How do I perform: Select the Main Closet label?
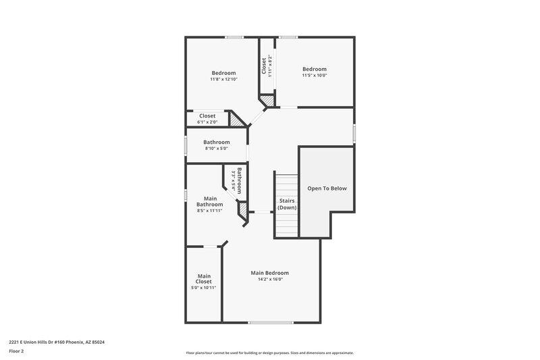coord(204,278)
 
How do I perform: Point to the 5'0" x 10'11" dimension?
coord(204,288)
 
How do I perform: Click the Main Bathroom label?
coord(209,201)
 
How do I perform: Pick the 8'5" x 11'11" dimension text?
coord(209,211)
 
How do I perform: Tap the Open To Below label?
coord(327,188)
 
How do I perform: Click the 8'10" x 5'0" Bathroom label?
coord(217,143)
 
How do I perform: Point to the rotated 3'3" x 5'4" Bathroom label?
coord(236,180)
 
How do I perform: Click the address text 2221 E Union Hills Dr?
coord(57,342)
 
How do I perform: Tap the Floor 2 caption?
coord(17,351)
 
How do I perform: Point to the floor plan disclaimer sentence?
coord(269,353)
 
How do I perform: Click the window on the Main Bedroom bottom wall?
coord(270,322)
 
